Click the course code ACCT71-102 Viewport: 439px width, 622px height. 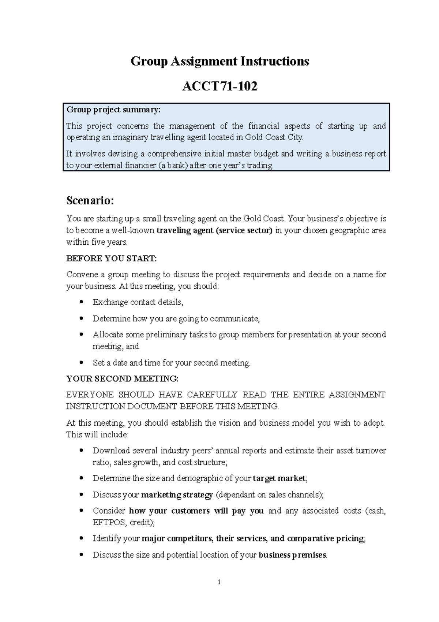pos(219,86)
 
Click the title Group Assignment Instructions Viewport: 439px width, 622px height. pos(219,61)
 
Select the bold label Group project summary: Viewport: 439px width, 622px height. pos(113,110)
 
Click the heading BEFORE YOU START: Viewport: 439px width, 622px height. pos(111,258)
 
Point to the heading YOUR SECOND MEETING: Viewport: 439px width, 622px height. pos(122,378)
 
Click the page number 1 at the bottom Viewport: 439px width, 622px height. pos(219,582)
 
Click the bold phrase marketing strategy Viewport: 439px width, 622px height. pos(177,495)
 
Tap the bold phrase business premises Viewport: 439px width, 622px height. pos(292,555)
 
